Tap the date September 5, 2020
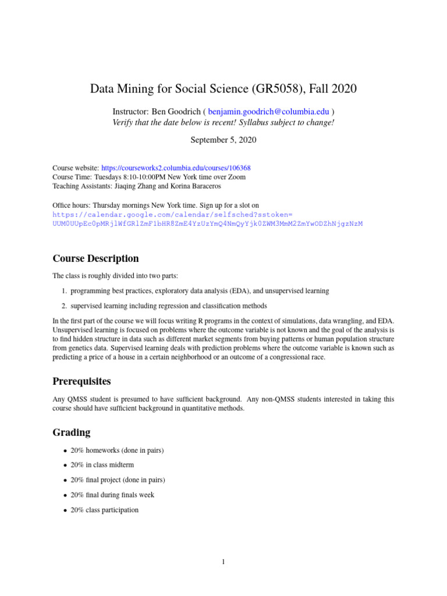223,140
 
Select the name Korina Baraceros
198,186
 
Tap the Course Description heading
95,258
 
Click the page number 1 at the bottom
223,562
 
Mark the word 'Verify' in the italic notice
123,122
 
